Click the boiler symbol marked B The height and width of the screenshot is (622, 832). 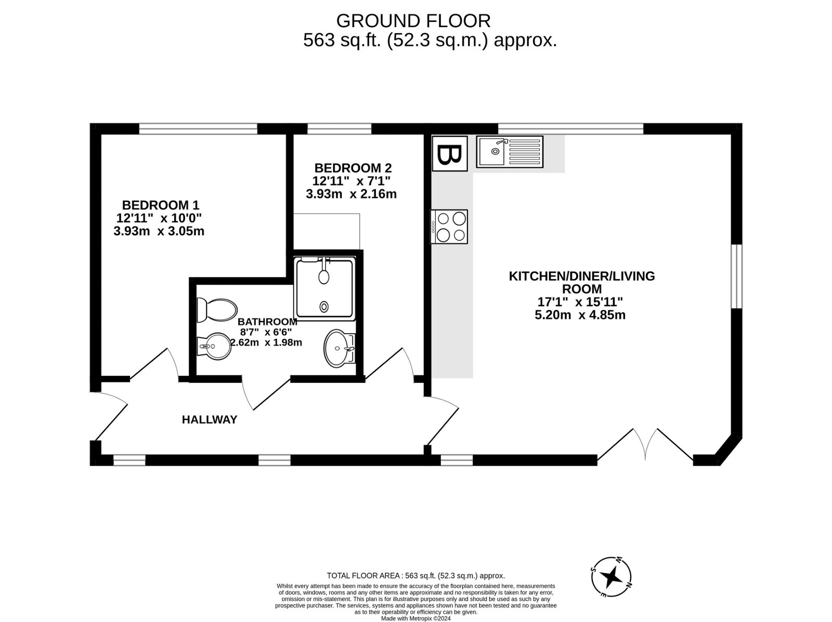click(450, 153)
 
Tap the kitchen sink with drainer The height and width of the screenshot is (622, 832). click(510, 152)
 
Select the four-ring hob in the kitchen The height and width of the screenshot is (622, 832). click(449, 227)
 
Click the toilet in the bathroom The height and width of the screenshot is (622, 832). click(217, 310)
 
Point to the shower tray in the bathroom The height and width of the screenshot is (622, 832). click(326, 288)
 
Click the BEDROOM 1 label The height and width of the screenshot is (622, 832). click(160, 205)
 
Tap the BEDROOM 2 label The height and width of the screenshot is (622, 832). click(353, 168)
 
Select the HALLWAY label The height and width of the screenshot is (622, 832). click(209, 420)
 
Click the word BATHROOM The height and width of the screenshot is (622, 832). click(267, 322)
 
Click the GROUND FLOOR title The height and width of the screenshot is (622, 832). click(413, 21)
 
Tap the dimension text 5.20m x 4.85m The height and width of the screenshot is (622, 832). click(580, 315)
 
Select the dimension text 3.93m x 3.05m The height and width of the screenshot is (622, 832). click(159, 231)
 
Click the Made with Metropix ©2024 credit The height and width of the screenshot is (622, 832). click(416, 618)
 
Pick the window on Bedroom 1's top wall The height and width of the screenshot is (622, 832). click(198, 129)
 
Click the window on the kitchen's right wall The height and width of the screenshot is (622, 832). click(736, 276)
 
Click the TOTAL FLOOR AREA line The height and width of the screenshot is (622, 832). click(416, 576)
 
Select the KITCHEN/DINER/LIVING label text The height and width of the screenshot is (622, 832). click(582, 276)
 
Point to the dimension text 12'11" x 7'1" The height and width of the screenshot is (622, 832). click(352, 181)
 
